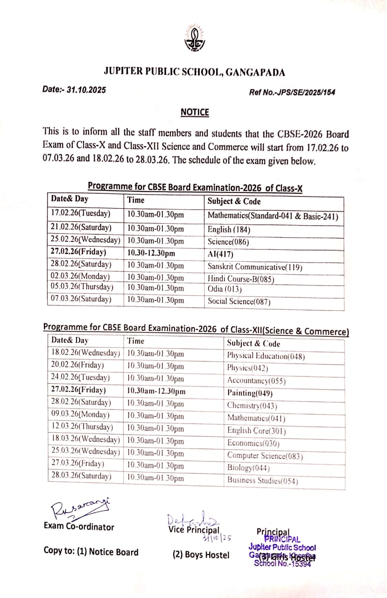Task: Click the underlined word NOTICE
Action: (195, 112)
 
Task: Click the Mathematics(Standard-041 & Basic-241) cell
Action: (273, 216)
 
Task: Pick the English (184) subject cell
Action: (229, 229)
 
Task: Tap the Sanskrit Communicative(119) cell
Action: (255, 267)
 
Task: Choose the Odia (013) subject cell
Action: (225, 289)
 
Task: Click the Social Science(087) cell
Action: (239, 301)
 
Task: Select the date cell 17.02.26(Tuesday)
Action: (81, 214)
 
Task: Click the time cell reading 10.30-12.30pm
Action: (151, 253)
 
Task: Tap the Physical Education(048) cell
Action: (266, 356)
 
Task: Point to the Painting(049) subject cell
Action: (250, 393)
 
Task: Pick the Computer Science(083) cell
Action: (265, 456)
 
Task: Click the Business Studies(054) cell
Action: (262, 480)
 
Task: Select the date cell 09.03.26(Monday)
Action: (80, 414)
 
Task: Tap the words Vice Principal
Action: (193, 530)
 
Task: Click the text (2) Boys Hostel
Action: (201, 555)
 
